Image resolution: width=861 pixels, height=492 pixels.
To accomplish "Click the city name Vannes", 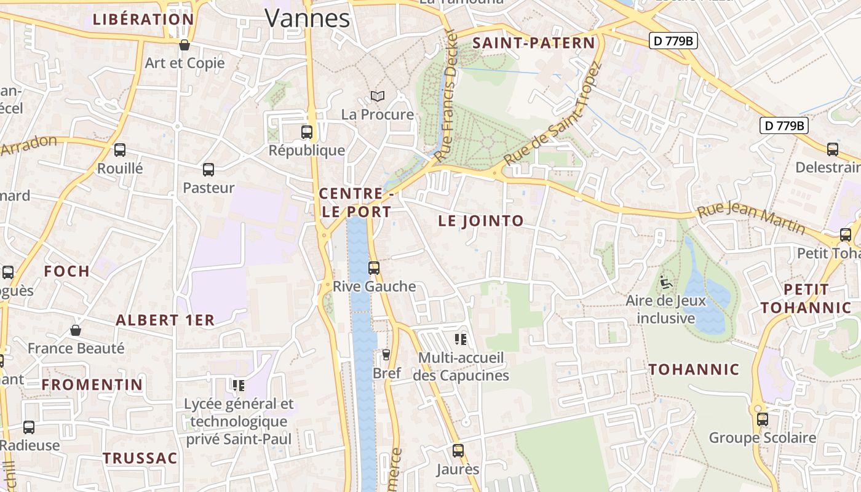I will (x=307, y=18).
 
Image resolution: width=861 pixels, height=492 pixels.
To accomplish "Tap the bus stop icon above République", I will (x=307, y=132).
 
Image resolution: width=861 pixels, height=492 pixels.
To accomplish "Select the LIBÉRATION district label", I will (x=143, y=19).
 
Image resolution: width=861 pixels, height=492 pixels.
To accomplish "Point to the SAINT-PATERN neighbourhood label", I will (x=534, y=43).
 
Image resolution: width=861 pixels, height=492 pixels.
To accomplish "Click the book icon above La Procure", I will (x=378, y=97).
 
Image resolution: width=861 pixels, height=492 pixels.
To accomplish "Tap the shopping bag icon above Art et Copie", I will (x=184, y=45).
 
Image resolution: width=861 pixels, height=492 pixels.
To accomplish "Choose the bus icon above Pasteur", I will (x=208, y=170).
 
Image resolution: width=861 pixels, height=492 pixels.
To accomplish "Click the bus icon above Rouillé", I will (x=120, y=150).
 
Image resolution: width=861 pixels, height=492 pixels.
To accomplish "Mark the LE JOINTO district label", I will (x=481, y=221).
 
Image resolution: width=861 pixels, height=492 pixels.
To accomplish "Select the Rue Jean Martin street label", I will (x=751, y=218).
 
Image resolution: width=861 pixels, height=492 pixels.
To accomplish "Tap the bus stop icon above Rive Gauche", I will (x=374, y=268).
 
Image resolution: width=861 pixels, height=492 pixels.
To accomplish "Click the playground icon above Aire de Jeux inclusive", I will (x=665, y=282).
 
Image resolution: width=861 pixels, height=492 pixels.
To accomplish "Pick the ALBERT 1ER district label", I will (x=165, y=320).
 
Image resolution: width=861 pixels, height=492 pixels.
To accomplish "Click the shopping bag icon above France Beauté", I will (x=76, y=331).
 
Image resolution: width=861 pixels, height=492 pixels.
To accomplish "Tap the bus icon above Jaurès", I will (x=458, y=451).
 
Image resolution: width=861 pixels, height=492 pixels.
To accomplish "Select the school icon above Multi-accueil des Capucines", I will (x=461, y=339).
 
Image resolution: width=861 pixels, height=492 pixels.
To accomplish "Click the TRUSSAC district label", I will (x=140, y=458).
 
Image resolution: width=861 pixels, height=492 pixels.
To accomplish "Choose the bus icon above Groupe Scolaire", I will (x=763, y=419).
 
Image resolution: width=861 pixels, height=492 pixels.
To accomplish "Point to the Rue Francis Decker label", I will (x=446, y=95).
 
